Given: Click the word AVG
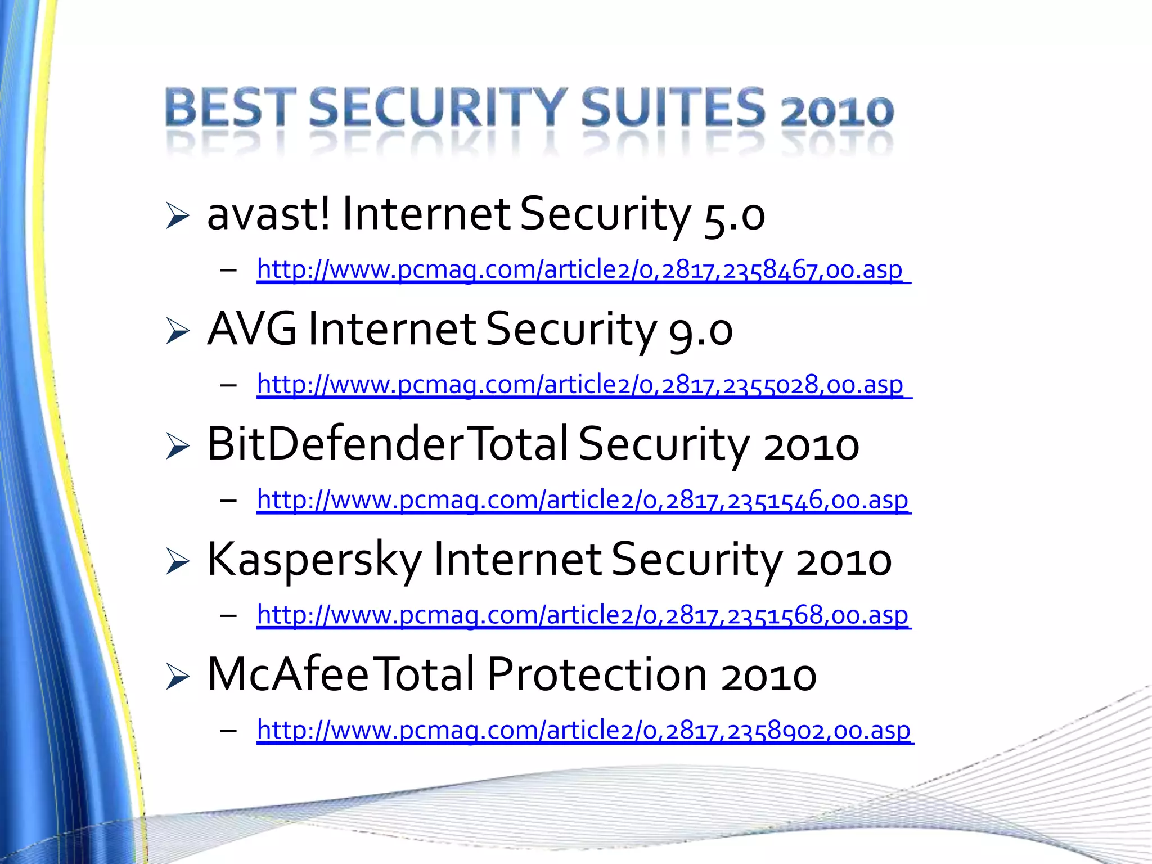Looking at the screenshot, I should [252, 329].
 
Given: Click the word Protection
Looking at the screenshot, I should [596, 675].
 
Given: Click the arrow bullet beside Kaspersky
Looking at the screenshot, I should [178, 561].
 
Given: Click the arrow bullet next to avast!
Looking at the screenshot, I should [178, 217].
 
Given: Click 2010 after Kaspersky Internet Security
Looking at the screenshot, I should [844, 561].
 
